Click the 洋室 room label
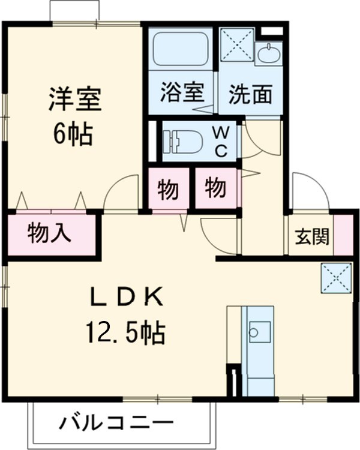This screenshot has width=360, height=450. click(74, 100)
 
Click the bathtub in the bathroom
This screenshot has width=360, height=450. click(180, 49)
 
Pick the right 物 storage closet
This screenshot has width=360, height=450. click(215, 188)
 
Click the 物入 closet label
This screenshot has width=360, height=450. click(49, 234)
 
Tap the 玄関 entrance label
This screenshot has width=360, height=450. click(311, 236)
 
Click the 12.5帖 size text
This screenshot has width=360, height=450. click(125, 331)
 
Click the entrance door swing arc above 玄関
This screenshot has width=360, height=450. click(310, 191)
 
